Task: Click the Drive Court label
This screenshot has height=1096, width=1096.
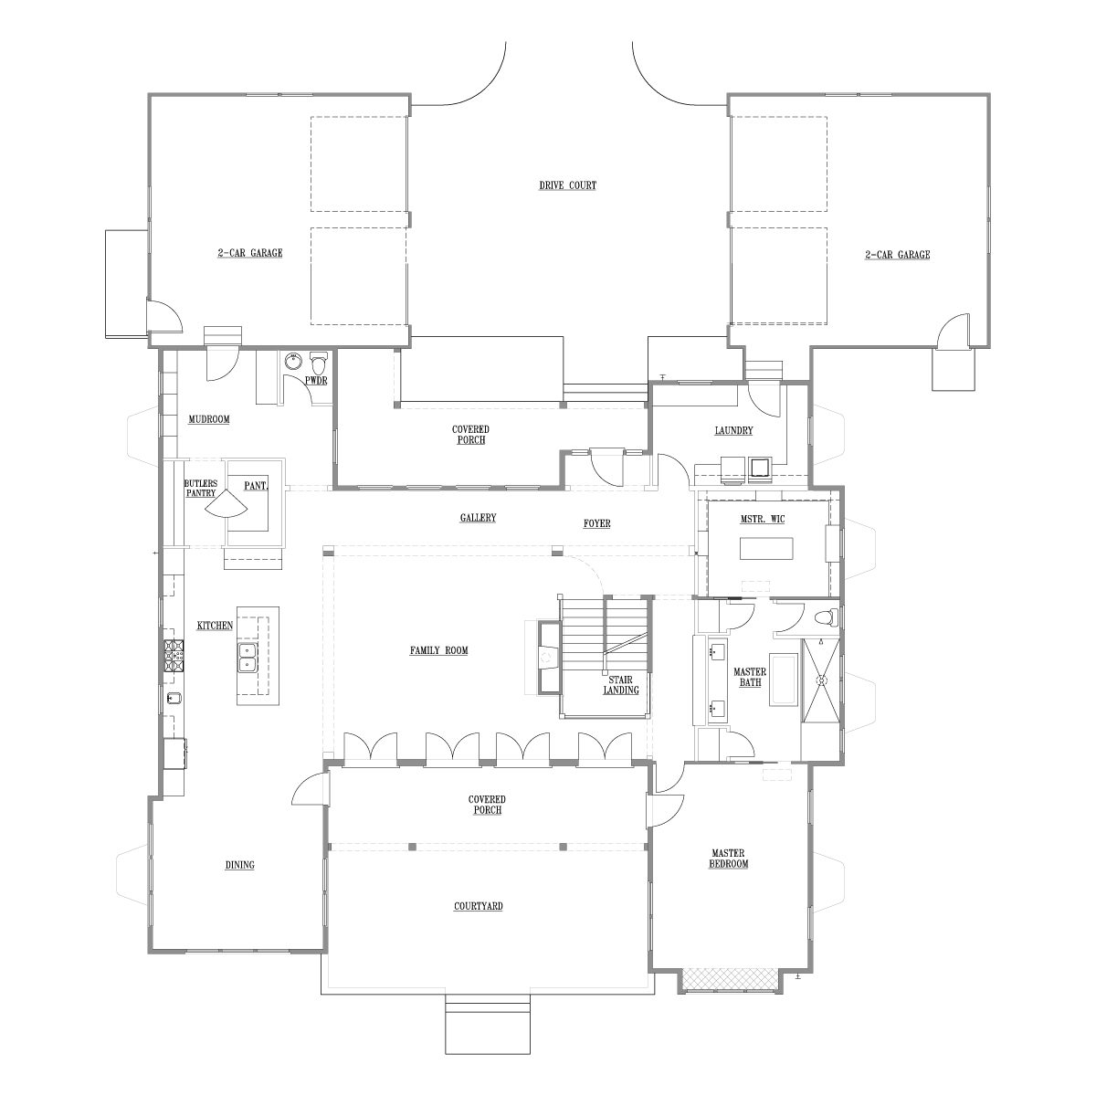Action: pyautogui.click(x=567, y=185)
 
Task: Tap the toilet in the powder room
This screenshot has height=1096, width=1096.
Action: pyautogui.click(x=319, y=362)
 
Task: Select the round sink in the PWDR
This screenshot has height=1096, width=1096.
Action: pyautogui.click(x=293, y=361)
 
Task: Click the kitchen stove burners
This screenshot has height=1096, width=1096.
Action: pyautogui.click(x=174, y=657)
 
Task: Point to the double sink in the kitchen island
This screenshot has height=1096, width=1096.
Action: pyautogui.click(x=248, y=658)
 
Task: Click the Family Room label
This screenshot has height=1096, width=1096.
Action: pyautogui.click(x=439, y=650)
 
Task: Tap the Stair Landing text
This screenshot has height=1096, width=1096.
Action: pyautogui.click(x=621, y=685)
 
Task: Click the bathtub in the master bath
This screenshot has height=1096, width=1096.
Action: pyautogui.click(x=784, y=680)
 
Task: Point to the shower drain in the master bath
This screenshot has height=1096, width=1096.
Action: pyautogui.click(x=821, y=680)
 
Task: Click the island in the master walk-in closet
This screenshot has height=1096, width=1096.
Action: pyautogui.click(x=766, y=549)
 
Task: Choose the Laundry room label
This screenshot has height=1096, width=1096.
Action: pyautogui.click(x=733, y=430)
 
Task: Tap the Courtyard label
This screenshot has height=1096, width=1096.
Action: pyautogui.click(x=479, y=906)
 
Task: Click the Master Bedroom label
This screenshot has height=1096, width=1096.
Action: pyautogui.click(x=729, y=859)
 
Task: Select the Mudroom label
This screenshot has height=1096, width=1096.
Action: pyautogui.click(x=209, y=420)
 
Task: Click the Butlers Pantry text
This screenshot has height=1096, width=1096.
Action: pyautogui.click(x=201, y=488)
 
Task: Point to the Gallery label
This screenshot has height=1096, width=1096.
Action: pyautogui.click(x=479, y=518)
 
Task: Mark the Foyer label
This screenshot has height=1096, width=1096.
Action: pyautogui.click(x=597, y=523)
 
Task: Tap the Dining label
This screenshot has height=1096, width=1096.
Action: pyautogui.click(x=240, y=865)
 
